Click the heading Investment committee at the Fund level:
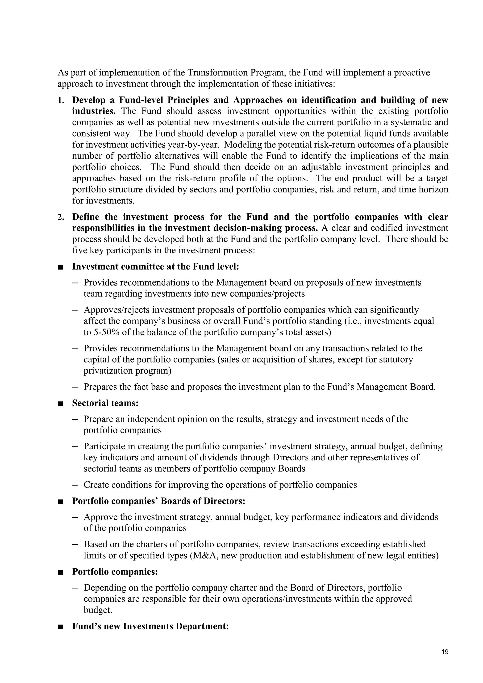tap(156, 266)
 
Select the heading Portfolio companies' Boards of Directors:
tap(158, 501)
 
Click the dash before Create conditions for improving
tap(75, 485)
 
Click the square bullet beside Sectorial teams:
tap(61, 403)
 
